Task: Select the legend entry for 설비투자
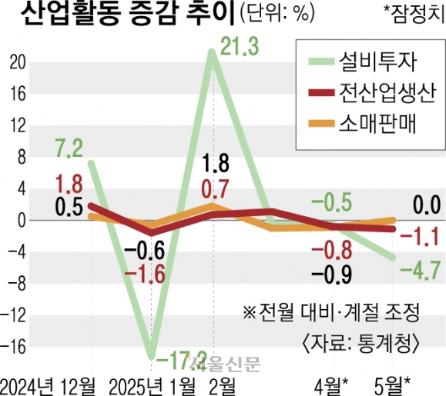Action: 363,62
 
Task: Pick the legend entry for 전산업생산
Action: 372,93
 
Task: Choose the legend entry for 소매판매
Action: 363,124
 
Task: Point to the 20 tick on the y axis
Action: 18,63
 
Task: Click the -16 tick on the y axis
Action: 13,346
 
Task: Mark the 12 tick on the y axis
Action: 18,125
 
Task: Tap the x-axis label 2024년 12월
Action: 48,387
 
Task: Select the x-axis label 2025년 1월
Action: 153,387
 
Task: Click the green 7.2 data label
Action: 69,149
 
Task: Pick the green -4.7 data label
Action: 421,271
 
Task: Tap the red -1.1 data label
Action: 420,238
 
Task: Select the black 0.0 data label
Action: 427,205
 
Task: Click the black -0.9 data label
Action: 332,275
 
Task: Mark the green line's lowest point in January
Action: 152,357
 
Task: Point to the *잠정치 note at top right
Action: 414,14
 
